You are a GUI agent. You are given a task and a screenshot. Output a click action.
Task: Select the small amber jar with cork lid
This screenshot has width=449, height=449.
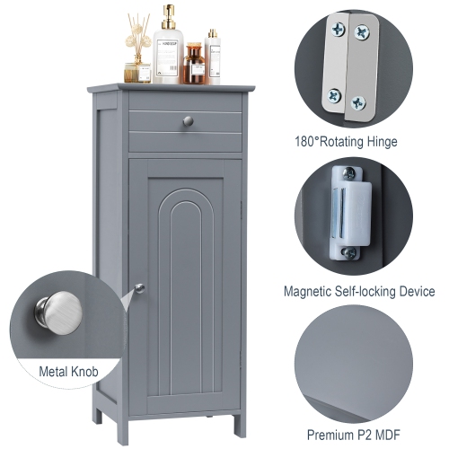194,66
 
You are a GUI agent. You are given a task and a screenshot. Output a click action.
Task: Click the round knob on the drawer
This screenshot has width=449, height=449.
187,120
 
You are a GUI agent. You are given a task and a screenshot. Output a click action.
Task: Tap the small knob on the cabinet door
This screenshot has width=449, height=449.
139,288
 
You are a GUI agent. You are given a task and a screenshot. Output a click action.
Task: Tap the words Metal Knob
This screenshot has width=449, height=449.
69,369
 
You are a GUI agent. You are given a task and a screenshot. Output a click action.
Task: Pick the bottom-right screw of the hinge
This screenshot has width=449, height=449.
358,102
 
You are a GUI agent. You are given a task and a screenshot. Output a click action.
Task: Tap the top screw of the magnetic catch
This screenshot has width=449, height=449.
347,174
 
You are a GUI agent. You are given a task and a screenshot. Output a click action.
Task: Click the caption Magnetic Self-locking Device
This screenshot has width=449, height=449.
358,292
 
